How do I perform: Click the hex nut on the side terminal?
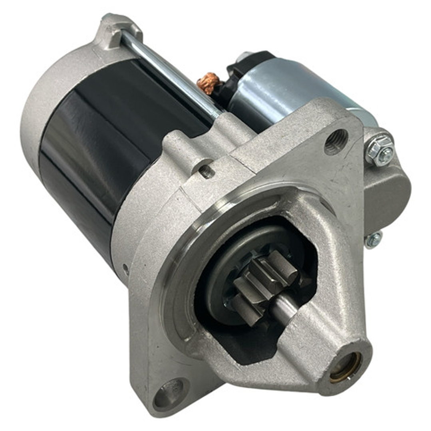(379, 149)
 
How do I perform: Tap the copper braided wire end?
(209, 83)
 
